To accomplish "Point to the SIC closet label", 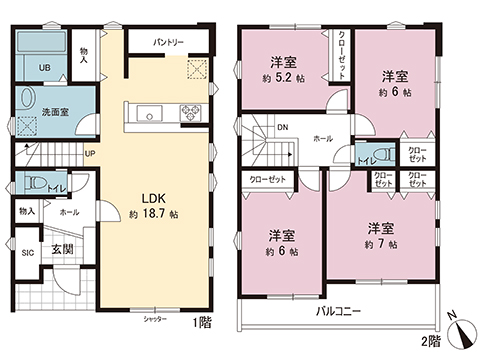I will pyautogui.click(x=28, y=253).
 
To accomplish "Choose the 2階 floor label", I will pyautogui.click(x=430, y=342).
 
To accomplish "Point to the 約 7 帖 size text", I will pyautogui.click(x=379, y=242).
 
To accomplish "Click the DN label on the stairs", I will pyautogui.click(x=283, y=127).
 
